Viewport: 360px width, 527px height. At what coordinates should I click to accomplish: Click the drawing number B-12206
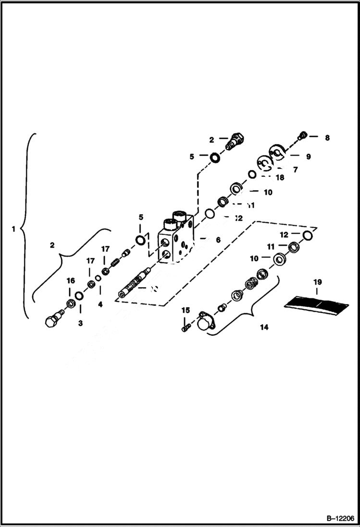[339, 519]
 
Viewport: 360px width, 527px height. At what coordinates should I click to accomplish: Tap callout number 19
[317, 282]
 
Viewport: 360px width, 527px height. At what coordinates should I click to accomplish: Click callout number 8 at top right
[327, 137]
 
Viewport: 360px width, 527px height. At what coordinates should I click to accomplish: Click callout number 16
[71, 281]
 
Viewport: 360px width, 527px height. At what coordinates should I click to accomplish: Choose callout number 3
[80, 323]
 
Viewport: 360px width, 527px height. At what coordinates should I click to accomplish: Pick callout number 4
[100, 304]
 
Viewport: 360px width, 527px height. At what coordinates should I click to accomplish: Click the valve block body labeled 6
[175, 240]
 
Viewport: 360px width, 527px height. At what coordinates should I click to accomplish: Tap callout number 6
[218, 239]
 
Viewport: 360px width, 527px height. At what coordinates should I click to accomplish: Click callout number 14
[264, 327]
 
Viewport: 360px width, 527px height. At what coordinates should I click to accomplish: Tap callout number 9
[308, 156]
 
